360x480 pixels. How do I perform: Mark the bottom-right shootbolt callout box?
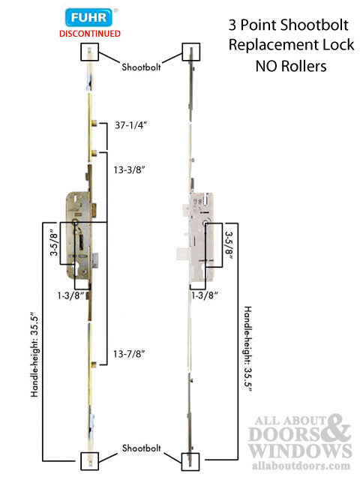(192, 459)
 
